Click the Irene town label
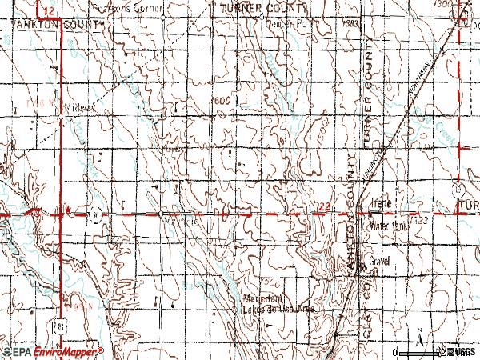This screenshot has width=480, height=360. tap(382, 205)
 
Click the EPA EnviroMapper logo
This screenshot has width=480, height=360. tap(52, 352)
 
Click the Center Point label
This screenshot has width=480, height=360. tap(291, 23)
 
